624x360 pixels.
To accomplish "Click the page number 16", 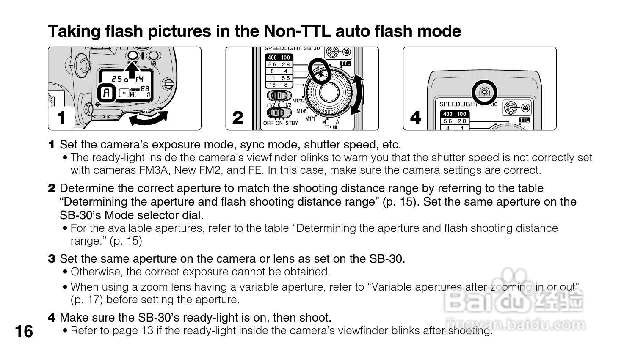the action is point(24,331).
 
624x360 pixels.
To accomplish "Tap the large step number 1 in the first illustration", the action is point(62,118).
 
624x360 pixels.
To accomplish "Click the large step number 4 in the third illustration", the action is point(416,118).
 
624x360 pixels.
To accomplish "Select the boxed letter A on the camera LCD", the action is point(107,93).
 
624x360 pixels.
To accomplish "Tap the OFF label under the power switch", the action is point(268,124).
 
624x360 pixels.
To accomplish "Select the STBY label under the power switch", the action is point(292,124).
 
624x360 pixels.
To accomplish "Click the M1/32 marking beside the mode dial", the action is point(298,101).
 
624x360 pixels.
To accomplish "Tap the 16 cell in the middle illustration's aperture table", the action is point(272,85).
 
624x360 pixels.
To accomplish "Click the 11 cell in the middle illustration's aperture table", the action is point(272,78).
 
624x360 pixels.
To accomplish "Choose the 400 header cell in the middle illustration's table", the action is point(272,58).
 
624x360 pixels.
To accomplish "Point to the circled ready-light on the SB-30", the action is point(484,92).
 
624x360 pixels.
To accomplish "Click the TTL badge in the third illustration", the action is point(525,120).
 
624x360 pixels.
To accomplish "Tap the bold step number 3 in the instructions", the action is point(52,258).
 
